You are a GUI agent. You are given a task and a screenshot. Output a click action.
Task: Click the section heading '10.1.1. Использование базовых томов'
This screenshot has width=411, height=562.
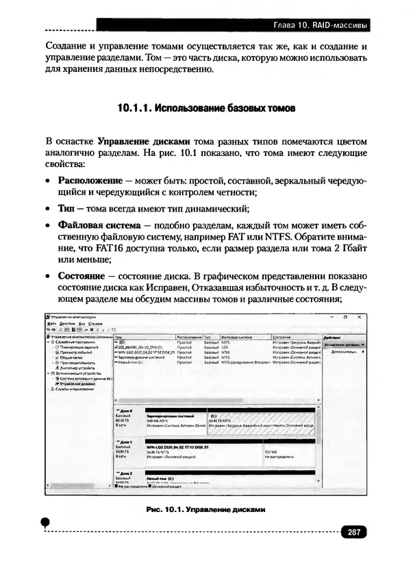point(206,108)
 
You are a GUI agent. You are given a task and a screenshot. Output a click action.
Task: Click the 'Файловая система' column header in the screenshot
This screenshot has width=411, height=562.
point(238,337)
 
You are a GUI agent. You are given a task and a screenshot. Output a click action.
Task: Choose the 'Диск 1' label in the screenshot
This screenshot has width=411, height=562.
point(126,442)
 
